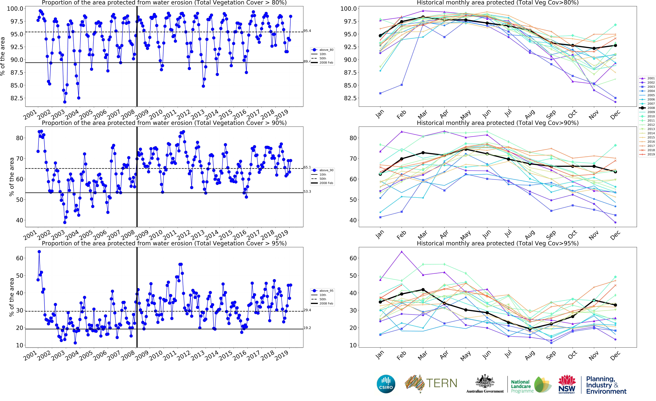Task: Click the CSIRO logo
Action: (386, 384)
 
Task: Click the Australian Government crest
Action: (485, 382)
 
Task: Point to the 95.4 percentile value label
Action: (307, 31)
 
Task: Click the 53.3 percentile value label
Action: (307, 192)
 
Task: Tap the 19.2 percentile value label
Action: (307, 328)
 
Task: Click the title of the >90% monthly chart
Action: (498, 123)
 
